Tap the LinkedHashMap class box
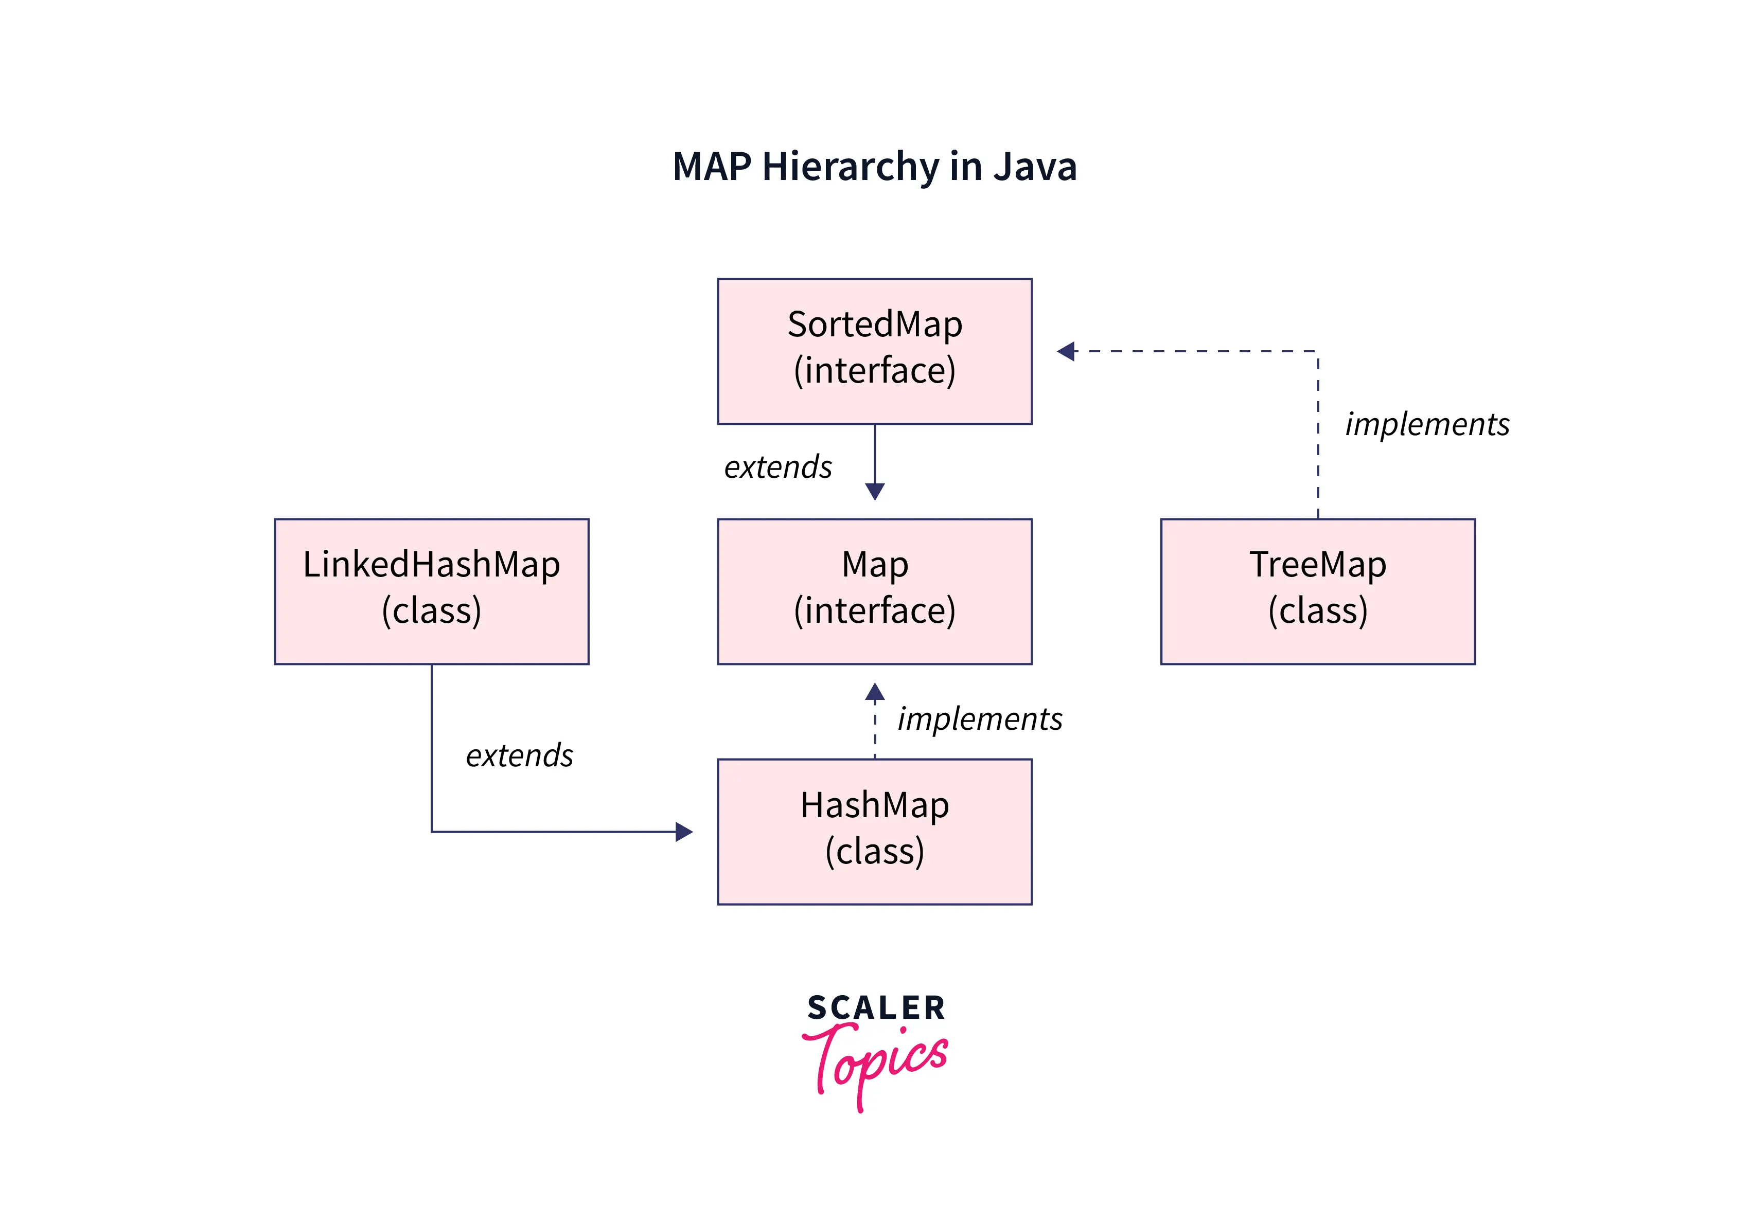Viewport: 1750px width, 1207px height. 431,591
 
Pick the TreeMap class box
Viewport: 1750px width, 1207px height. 1317,591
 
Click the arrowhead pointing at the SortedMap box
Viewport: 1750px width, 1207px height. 1066,351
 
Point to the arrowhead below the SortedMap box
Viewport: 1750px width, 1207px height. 875,492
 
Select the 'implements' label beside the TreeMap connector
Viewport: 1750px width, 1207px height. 1427,424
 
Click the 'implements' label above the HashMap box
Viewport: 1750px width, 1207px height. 980,718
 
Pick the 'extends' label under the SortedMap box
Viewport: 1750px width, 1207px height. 778,466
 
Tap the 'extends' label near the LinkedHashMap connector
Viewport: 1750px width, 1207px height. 519,755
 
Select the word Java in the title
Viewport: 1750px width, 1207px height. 1034,167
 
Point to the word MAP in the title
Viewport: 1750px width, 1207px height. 712,167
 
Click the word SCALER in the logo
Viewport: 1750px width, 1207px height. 875,1008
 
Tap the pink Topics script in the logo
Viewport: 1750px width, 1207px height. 875,1062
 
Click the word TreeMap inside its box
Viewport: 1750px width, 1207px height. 1317,564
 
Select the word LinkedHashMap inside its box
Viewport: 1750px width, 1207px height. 431,564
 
